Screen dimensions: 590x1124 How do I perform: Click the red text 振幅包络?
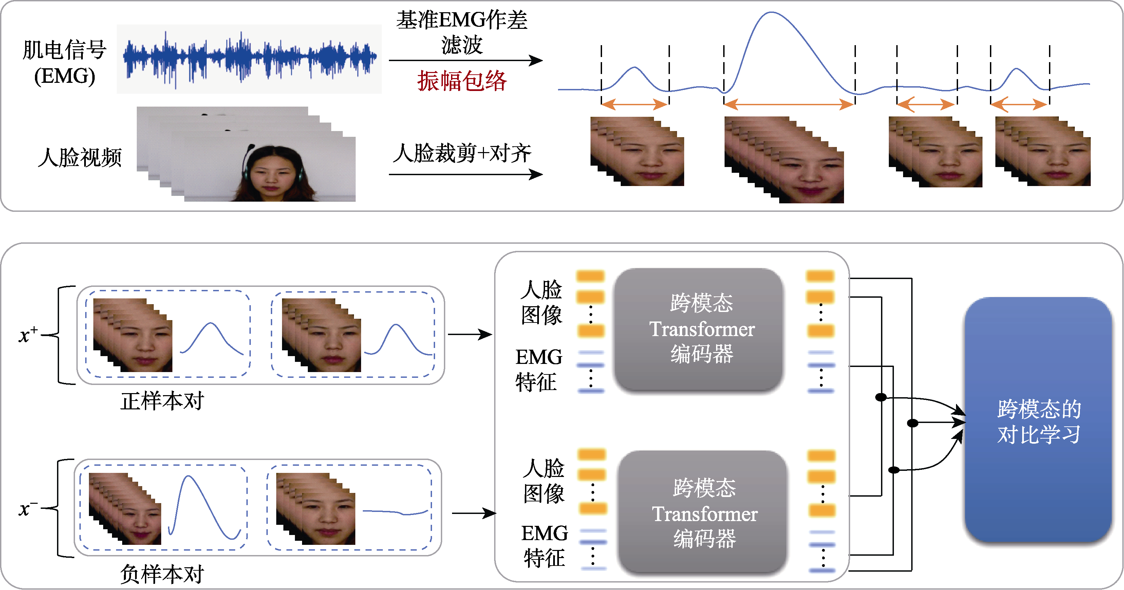coord(462,81)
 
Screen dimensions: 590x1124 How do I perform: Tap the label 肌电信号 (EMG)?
coord(64,62)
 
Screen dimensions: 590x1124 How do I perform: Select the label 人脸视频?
coord(79,157)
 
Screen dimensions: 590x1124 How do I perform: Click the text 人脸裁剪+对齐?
coord(462,153)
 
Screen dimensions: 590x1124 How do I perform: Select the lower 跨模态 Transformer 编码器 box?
coord(703,513)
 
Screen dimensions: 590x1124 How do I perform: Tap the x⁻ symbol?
coord(27,509)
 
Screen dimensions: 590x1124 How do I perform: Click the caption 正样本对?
coord(162,401)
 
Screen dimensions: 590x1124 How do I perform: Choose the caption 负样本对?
coord(162,574)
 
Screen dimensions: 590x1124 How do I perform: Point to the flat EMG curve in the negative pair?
coord(395,512)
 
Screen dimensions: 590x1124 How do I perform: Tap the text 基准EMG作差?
coord(462,20)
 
